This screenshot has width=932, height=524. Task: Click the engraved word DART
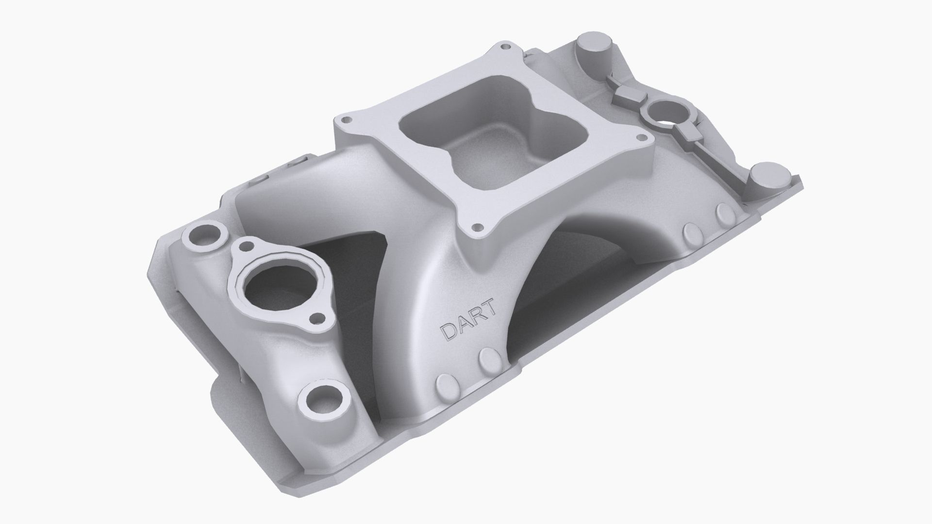point(468,320)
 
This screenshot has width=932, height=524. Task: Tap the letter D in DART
point(447,332)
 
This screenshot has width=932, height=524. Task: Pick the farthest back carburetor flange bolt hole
point(507,47)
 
